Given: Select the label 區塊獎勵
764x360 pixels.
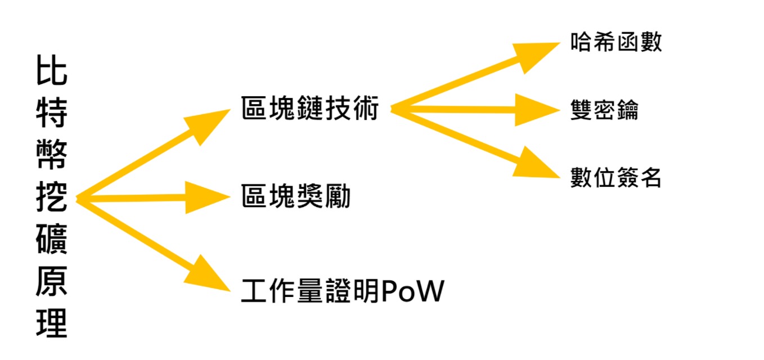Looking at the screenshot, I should point(296,197).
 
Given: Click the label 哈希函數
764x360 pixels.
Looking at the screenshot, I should point(616,42).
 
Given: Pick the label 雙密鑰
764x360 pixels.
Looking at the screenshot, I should point(605,110).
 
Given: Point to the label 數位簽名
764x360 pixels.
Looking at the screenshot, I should point(616,177).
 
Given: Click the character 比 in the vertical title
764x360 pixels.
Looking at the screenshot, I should point(52,72).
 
